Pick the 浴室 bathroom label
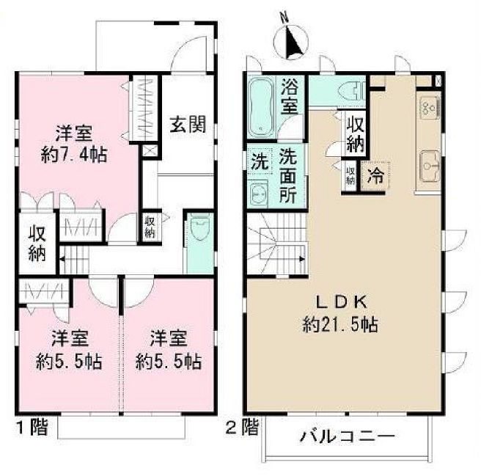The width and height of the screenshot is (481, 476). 290,95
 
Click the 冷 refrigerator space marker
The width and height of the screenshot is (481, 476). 375,176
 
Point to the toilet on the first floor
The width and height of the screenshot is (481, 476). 198,232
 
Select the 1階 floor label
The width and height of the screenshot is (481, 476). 31,428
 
